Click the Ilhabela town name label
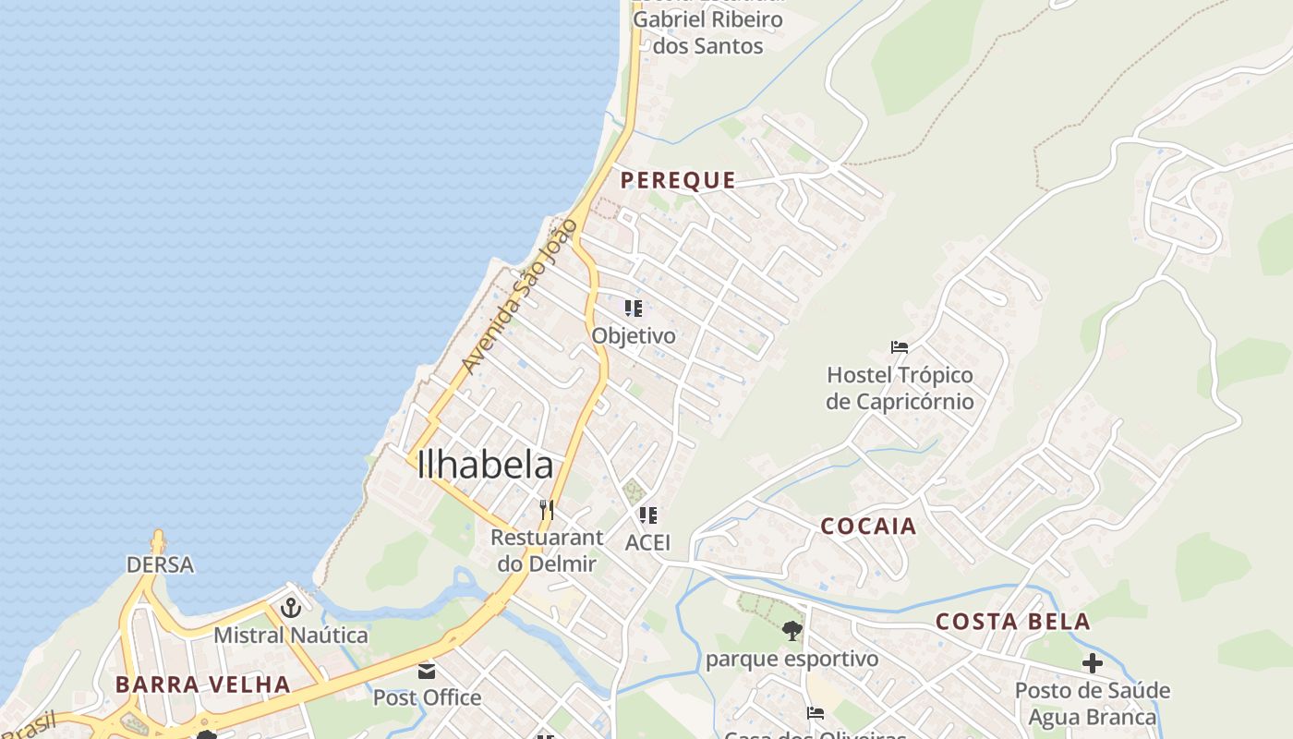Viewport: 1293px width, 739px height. tap(485, 465)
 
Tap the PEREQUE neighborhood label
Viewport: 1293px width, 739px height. tap(678, 180)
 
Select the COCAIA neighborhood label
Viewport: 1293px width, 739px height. tap(868, 527)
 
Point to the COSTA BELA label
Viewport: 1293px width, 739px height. tap(1013, 622)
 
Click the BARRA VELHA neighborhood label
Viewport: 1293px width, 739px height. tap(202, 684)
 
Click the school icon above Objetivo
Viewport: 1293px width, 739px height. tap(633, 309)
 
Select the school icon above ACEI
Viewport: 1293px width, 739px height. tap(647, 515)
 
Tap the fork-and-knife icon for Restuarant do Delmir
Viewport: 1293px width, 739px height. tap(547, 510)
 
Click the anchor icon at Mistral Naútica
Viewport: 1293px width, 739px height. tap(291, 608)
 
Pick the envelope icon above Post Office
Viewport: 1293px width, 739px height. tap(427, 671)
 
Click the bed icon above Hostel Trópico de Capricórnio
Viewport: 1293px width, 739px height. tap(900, 347)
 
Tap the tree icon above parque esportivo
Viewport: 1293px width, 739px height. tap(792, 632)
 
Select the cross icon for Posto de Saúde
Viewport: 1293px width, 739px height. tap(1093, 662)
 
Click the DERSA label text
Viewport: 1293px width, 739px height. tap(160, 564)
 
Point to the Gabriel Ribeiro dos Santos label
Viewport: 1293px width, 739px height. tap(707, 32)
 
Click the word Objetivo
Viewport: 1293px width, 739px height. tap(634, 335)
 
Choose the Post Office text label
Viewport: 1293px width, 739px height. tap(427, 697)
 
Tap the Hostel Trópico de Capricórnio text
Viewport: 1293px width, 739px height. tap(900, 388)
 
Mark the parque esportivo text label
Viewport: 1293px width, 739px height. tap(792, 659)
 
